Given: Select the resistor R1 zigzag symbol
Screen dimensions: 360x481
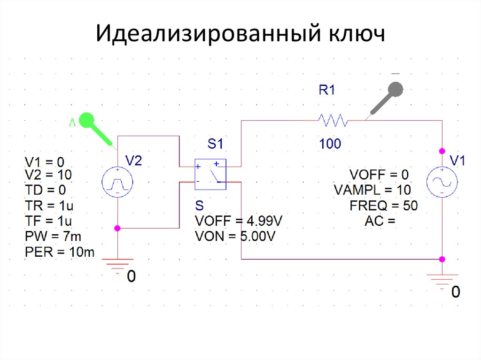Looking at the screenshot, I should pos(333,121).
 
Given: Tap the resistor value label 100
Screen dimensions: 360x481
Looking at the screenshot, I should pos(330,144).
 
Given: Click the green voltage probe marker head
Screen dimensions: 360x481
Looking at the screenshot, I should pos(86,121).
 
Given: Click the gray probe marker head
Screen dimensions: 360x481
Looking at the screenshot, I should pos(396,89).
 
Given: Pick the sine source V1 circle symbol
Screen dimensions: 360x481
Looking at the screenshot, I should pos(442,183).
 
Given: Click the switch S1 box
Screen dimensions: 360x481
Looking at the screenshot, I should pos(210,174).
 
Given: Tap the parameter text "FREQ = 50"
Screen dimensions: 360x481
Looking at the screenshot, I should pos(383,205).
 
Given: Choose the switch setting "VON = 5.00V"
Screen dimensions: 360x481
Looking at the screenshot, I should pos(235,236).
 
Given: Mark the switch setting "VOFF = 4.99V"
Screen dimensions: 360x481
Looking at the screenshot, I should pos(239,221).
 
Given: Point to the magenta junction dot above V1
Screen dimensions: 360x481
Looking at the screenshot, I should pos(442,151).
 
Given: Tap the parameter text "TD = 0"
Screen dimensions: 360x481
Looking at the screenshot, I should pos(45,190).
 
